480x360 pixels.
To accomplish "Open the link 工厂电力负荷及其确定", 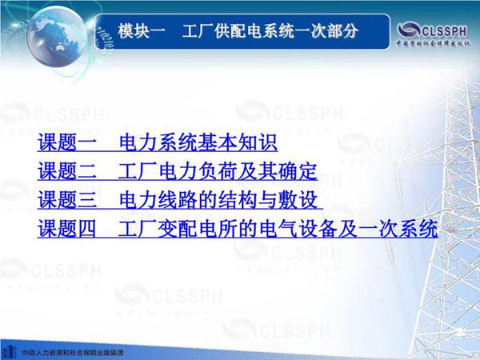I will coord(217,171).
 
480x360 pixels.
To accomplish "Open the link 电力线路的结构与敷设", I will coord(217,199).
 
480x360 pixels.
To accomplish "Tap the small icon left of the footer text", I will coord(9,350).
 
